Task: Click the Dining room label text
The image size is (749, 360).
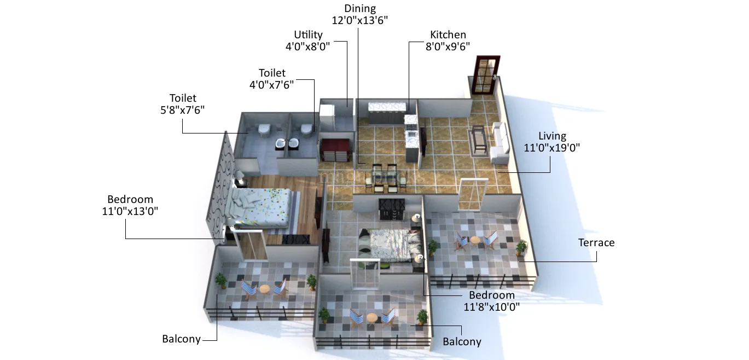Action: click(360, 9)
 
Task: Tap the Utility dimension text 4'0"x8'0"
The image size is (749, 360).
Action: click(308, 47)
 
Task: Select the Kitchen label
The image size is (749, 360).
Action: click(448, 35)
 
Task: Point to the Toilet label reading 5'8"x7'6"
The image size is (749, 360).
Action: click(183, 109)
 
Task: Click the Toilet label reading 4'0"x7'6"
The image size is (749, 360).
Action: click(272, 84)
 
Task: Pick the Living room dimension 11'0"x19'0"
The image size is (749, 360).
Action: click(552, 147)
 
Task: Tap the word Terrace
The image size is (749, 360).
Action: click(596, 242)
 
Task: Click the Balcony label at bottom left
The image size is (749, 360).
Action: click(181, 339)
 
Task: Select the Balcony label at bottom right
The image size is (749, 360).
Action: click(462, 342)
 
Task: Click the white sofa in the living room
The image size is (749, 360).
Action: click(500, 143)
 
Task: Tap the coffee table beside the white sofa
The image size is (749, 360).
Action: click(479, 140)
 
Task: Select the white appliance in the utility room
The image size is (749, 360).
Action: click(327, 117)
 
